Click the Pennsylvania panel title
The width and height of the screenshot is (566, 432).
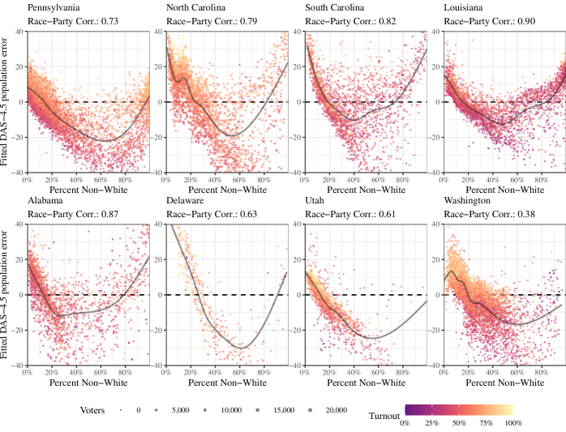pyautogui.click(x=54, y=7)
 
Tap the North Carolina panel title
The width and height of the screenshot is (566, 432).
pyautogui.click(x=196, y=7)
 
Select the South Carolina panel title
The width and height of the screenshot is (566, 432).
pyautogui.click(x=335, y=7)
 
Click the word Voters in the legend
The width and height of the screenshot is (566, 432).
pyautogui.click(x=92, y=410)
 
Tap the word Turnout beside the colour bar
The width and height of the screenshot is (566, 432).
pyautogui.click(x=384, y=416)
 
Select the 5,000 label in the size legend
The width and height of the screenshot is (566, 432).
pyautogui.click(x=181, y=411)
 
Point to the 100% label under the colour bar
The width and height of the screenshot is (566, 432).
pyautogui.click(x=513, y=423)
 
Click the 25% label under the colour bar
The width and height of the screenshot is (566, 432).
pyautogui.click(x=432, y=423)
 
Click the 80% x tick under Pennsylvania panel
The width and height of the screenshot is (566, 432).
pyautogui.click(x=125, y=179)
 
